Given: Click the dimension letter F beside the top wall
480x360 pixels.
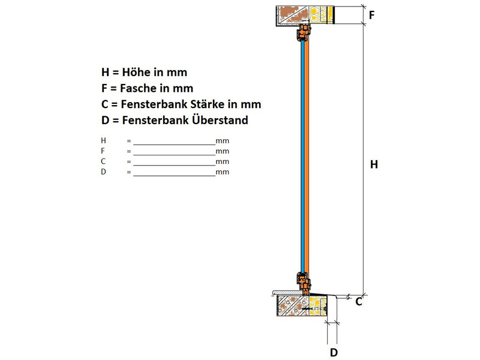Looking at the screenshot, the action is (371, 14).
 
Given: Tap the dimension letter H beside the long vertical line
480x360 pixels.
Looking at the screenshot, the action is (374, 164).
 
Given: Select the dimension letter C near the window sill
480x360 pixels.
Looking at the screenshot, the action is (359, 302).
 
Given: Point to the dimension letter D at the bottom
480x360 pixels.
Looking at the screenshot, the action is (334, 353).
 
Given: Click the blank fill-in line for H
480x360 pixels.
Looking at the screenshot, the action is (175, 145).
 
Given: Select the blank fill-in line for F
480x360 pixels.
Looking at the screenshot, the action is (175, 155).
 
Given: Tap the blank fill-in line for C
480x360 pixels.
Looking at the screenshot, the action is (175, 166).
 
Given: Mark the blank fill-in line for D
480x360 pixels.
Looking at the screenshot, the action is (175, 176).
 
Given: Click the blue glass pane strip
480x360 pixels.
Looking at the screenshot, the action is (303, 156).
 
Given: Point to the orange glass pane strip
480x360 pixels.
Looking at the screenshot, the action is (307, 156).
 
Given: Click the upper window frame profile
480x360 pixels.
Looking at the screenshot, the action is (304, 33).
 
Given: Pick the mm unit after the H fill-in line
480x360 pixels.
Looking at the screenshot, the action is (222, 141).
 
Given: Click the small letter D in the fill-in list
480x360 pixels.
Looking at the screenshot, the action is (103, 172).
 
